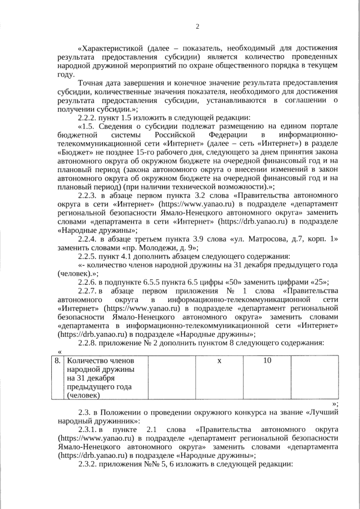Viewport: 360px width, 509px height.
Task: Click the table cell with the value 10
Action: [x=267, y=361]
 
